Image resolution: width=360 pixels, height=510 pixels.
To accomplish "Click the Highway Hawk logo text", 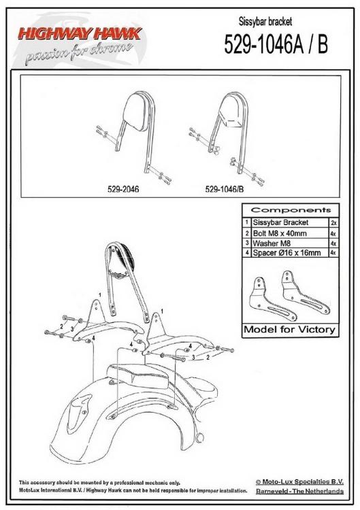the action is coord(80,33).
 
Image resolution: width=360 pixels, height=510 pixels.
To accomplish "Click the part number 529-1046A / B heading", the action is coord(276,44).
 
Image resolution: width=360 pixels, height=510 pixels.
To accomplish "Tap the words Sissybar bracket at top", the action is coord(265,22).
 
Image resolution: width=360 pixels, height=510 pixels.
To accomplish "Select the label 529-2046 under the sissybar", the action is coord(123,189).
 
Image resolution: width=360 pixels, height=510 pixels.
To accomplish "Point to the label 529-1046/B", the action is coord(225,189).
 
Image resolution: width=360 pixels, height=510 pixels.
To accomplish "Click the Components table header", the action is coord(291,210).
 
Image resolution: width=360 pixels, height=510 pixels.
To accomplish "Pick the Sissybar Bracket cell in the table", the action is coord(280,222).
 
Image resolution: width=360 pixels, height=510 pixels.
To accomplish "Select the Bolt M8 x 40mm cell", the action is coord(280,233).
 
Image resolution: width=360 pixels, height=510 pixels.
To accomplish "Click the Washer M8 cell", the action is coord(272,243).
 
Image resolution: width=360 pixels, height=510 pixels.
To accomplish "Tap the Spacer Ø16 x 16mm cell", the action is coord(287,253).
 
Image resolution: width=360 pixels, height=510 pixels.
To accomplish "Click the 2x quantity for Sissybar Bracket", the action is coord(333,223).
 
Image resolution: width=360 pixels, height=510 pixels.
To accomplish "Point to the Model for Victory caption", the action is coord(289,330).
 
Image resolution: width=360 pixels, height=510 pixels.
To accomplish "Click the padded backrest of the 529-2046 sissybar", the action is coord(135,112).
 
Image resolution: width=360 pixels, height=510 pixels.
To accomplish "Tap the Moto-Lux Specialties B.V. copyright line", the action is coord(299,482).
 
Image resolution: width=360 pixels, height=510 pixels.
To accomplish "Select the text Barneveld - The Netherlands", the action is coord(299,491).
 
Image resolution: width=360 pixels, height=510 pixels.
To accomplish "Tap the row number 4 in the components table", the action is coord(247,253).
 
